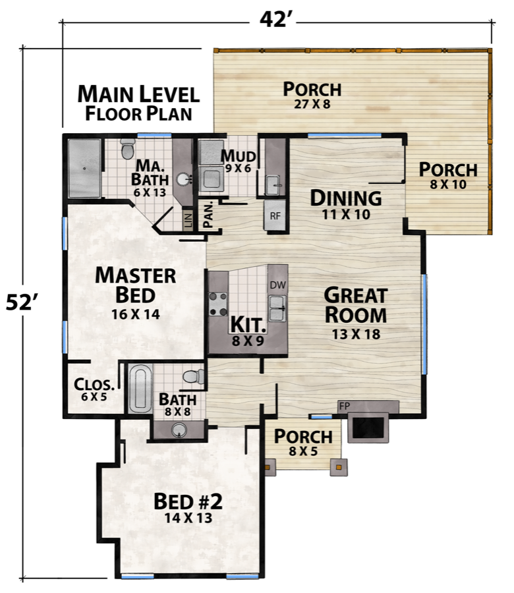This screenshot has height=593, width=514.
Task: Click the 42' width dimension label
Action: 276,20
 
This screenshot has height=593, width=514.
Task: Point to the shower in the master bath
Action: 84,167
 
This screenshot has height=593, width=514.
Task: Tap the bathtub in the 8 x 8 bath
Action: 140,389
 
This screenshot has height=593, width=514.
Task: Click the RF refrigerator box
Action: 275,215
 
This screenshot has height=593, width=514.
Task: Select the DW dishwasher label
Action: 277,285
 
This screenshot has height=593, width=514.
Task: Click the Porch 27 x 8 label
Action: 312,94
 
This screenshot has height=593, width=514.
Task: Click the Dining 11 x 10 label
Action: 346,204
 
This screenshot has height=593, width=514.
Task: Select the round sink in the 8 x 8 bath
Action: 177,430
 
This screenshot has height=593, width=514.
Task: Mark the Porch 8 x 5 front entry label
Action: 303,442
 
